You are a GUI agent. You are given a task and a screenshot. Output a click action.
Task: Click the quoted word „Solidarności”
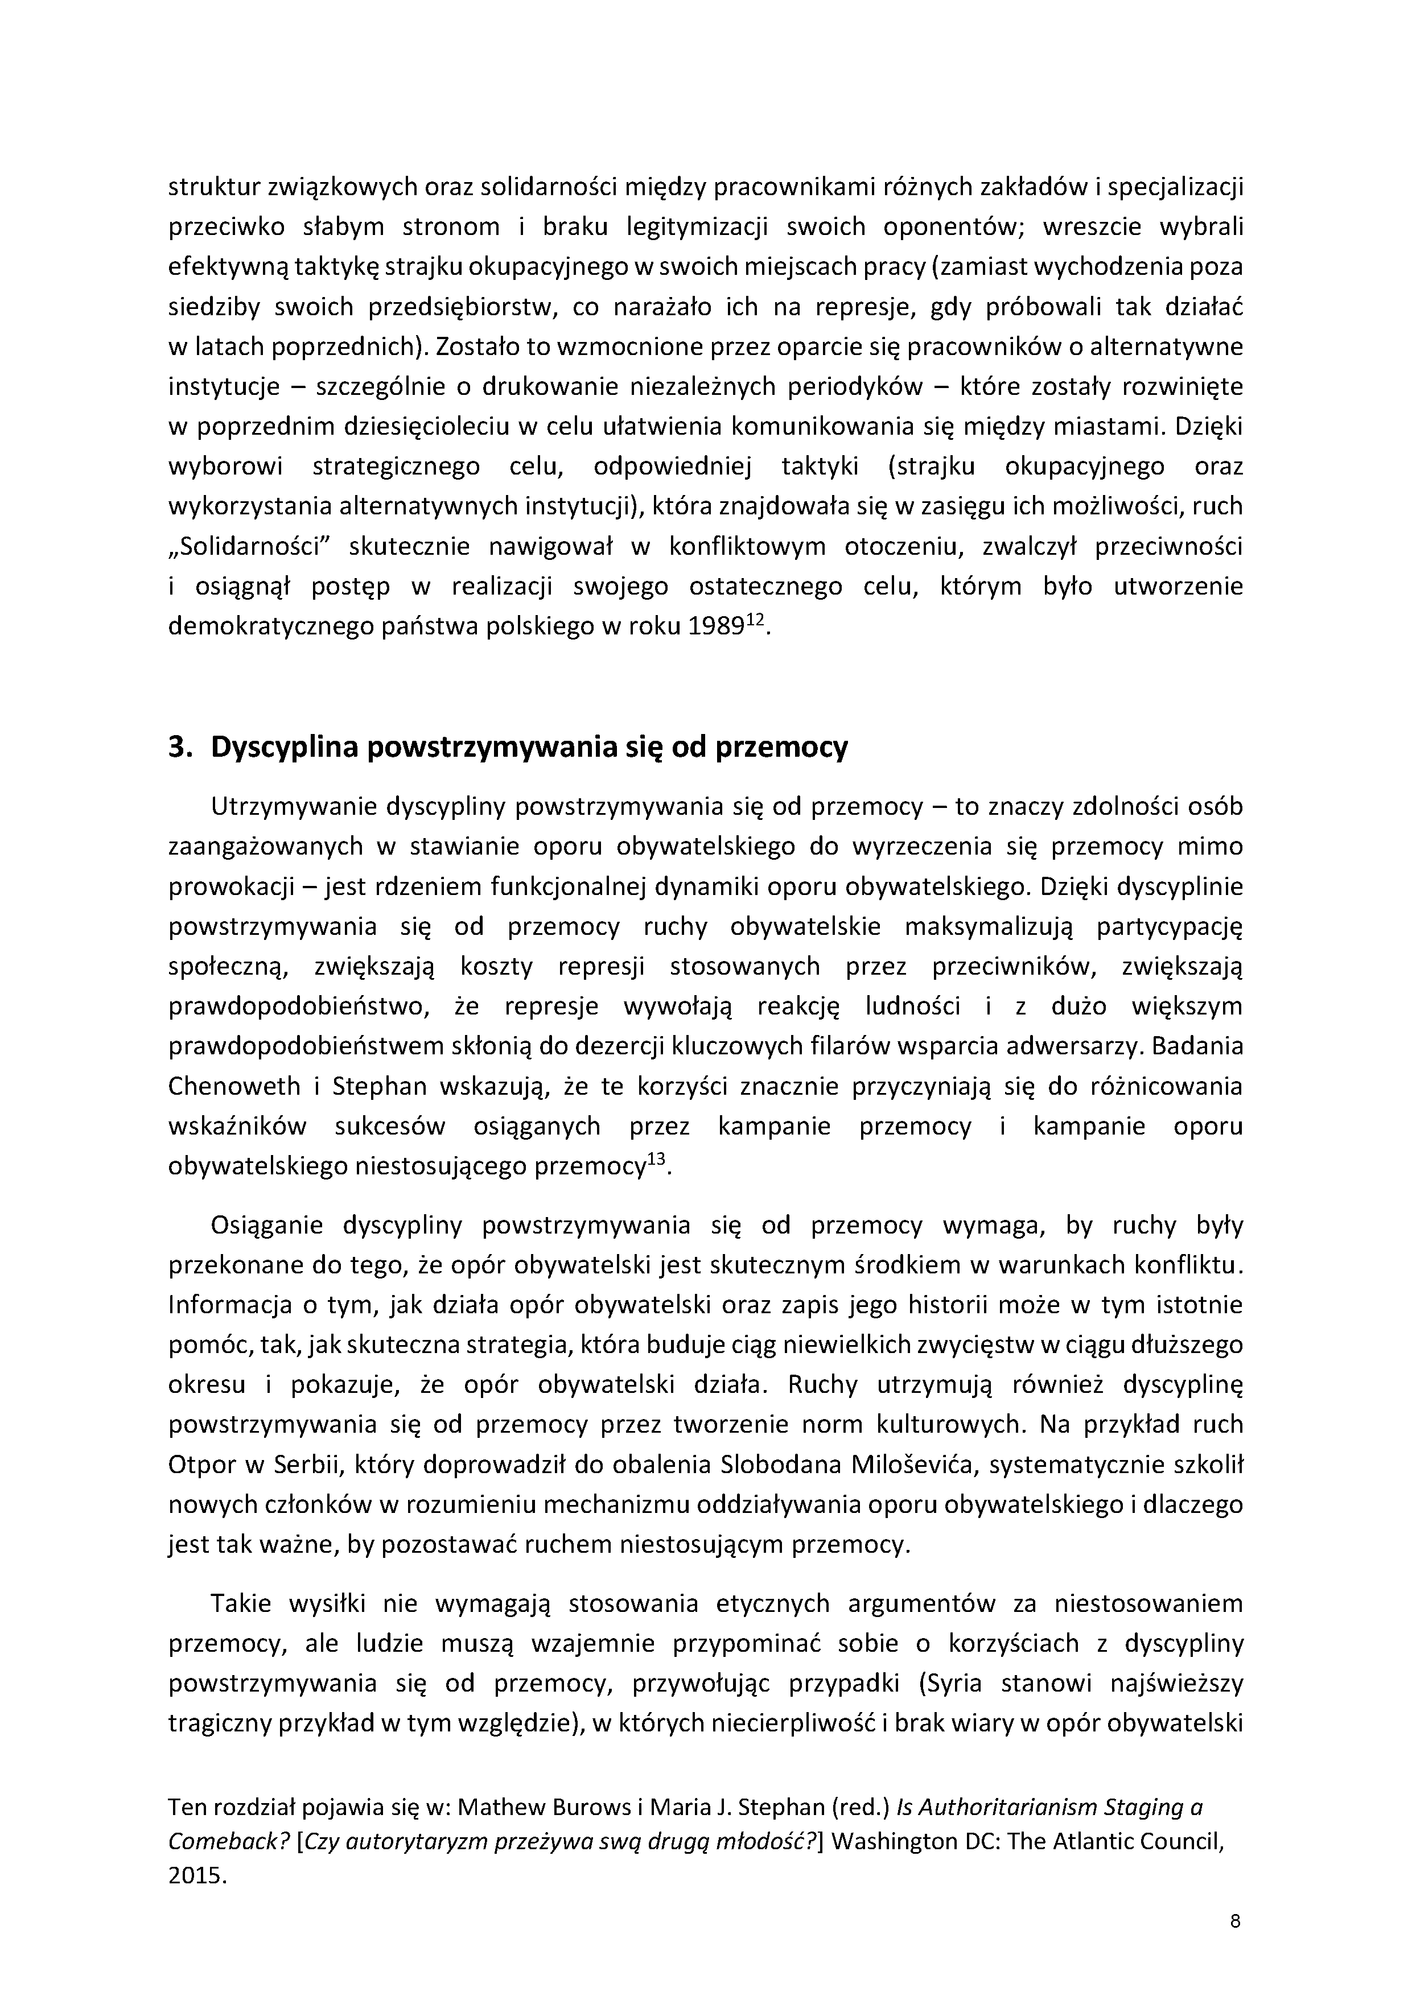point(245,548)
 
